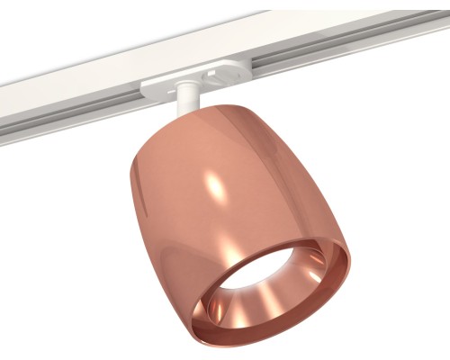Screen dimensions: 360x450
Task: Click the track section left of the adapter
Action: click(90, 85)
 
